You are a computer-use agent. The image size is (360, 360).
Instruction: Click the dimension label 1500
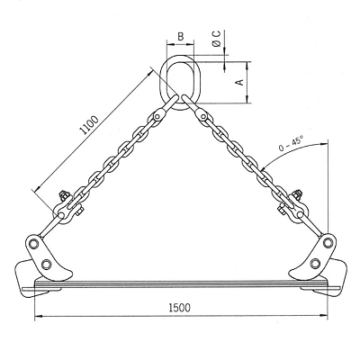(180, 308)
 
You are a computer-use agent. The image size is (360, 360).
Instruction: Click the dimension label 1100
(89, 124)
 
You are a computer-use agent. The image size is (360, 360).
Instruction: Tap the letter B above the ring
(180, 37)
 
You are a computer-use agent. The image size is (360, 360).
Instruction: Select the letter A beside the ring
(240, 82)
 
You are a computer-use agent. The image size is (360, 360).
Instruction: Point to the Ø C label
(217, 38)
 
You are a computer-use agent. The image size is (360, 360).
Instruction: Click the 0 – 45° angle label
(291, 143)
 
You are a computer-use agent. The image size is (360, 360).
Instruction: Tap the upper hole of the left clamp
(34, 243)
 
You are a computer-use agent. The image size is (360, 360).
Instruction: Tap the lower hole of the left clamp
(46, 264)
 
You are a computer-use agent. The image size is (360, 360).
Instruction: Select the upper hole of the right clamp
(328, 241)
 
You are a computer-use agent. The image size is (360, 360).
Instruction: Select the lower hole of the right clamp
(315, 263)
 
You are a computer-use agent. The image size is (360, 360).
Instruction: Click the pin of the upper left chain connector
(157, 116)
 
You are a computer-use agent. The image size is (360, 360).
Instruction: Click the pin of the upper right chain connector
(203, 116)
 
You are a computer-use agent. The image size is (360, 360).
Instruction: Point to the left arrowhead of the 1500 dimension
(39, 316)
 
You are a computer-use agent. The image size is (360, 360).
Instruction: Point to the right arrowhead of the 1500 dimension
(323, 315)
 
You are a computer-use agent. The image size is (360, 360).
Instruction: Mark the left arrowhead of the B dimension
(170, 45)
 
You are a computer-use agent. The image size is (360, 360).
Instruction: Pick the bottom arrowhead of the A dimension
(247, 99)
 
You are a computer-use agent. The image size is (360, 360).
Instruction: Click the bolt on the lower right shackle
(296, 195)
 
